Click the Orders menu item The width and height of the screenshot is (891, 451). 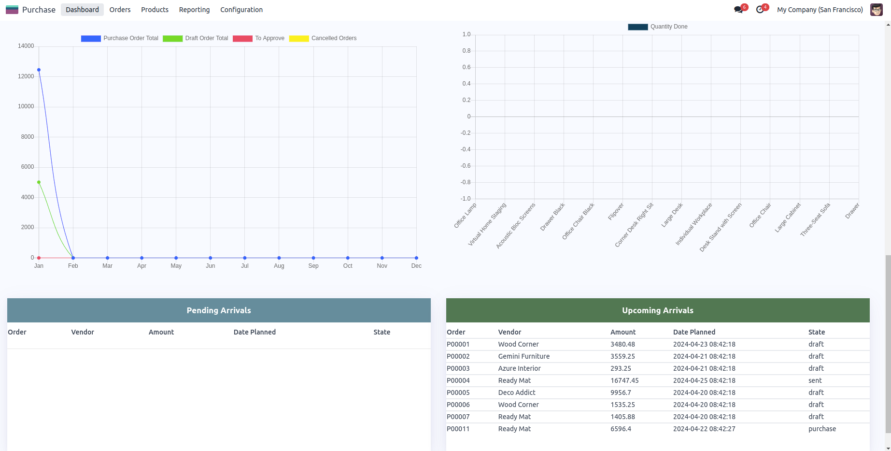coord(120,10)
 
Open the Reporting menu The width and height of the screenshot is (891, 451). coord(194,10)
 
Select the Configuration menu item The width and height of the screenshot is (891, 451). coord(241,10)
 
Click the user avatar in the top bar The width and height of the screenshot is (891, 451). coord(876,10)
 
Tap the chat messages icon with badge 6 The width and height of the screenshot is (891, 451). coord(738,10)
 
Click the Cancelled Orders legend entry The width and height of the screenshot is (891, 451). coord(323,38)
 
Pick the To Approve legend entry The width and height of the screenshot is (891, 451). coord(258,38)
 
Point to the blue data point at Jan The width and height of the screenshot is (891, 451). coord(39,70)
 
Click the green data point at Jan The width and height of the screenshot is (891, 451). coord(39,182)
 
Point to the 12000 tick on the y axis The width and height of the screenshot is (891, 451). coord(26,76)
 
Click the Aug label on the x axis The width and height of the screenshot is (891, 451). coord(279,266)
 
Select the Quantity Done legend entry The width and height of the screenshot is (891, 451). coord(658,27)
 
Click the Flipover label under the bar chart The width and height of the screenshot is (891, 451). coord(616,212)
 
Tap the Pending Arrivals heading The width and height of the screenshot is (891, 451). coord(219,310)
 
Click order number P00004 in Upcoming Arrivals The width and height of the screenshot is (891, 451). coord(458,380)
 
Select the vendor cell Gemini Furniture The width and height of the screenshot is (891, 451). coord(524,356)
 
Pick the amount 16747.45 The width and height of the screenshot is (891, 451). coord(624,380)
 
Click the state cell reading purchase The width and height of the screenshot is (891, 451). coord(822,429)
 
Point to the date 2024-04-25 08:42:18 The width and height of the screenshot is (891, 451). coord(704,380)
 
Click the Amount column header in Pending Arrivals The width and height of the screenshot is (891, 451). coord(161,332)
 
